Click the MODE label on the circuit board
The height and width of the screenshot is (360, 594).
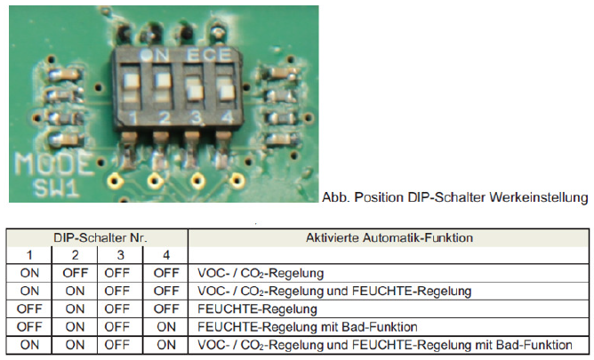[x=54, y=164]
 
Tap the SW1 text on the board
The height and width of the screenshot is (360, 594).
[x=56, y=188]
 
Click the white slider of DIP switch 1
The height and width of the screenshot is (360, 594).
[x=131, y=81]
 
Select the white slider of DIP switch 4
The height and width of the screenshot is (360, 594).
[x=227, y=92]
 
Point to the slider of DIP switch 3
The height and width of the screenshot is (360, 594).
[x=196, y=92]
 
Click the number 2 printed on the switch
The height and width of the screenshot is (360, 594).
[x=164, y=117]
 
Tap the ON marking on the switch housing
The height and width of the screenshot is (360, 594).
[x=155, y=55]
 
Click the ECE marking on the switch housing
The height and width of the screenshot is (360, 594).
[x=209, y=55]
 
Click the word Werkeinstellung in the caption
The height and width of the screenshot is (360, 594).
[x=538, y=197]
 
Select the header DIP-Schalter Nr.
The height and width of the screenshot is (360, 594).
[x=100, y=237]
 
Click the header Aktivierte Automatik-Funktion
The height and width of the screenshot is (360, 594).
[x=389, y=237]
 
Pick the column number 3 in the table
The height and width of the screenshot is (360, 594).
[x=120, y=255]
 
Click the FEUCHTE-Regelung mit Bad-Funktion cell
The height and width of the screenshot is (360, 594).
[x=308, y=327]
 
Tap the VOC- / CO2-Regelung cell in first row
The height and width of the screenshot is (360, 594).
[x=261, y=273]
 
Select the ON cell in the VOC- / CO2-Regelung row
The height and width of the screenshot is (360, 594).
[x=29, y=273]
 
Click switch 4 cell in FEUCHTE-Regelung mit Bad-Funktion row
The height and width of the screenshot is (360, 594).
[x=166, y=327]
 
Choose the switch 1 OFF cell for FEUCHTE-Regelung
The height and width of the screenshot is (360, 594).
[x=29, y=309]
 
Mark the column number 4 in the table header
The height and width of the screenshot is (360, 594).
[x=166, y=255]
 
